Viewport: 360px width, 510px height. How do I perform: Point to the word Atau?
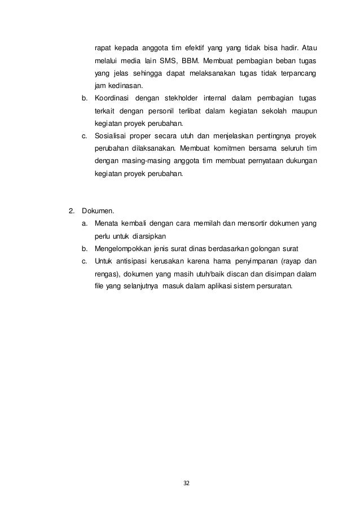(308, 47)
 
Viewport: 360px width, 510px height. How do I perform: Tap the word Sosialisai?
(113, 136)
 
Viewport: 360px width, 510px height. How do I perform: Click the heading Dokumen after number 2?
(98, 212)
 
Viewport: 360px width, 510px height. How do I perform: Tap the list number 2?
(71, 212)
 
